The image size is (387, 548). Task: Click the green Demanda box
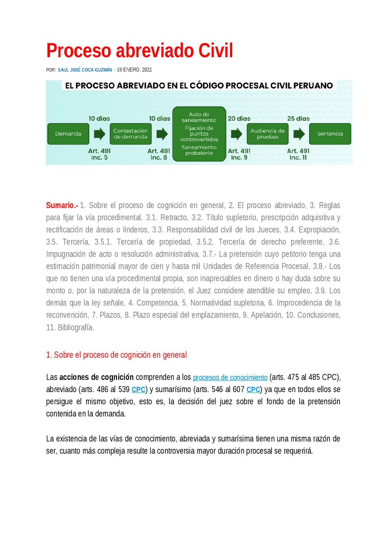(x=68, y=134)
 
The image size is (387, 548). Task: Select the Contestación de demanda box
(x=130, y=134)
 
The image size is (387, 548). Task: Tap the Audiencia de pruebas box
(x=267, y=134)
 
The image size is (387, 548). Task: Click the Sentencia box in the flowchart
(x=330, y=134)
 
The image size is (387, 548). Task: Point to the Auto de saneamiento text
(x=199, y=117)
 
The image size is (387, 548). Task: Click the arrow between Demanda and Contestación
(x=99, y=134)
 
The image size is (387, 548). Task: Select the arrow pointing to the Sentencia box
(x=299, y=134)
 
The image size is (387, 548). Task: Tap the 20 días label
(x=239, y=119)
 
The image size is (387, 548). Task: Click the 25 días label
(x=298, y=119)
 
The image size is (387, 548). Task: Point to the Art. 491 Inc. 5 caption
(x=99, y=154)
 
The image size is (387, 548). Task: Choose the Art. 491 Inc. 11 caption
(x=298, y=154)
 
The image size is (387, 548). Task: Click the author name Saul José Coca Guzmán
(x=85, y=70)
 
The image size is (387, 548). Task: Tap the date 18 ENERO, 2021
(x=134, y=70)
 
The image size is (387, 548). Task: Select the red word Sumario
(x=61, y=205)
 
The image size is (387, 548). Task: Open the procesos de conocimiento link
(x=230, y=378)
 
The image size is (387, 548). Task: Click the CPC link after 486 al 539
(x=138, y=390)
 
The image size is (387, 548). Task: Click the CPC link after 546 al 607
(x=253, y=390)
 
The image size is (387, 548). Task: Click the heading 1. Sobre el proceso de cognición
(x=116, y=355)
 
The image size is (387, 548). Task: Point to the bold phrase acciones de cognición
(x=96, y=377)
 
